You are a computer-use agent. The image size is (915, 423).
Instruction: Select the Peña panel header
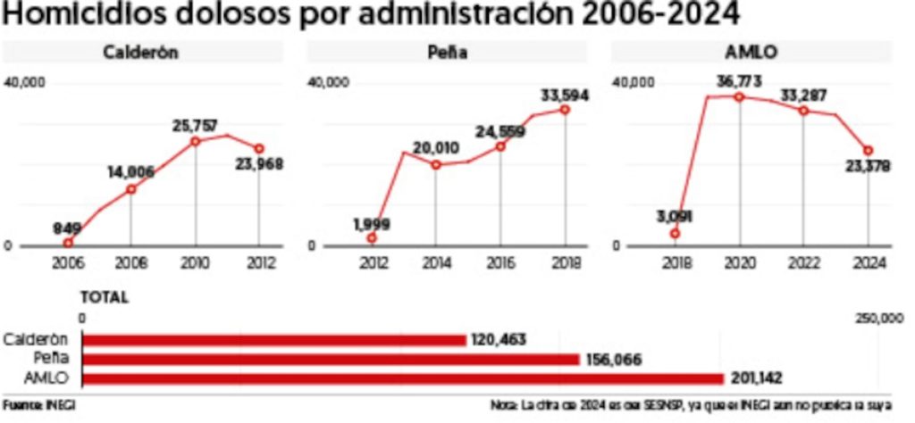[448, 52]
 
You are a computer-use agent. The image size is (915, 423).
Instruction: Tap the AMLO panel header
[753, 52]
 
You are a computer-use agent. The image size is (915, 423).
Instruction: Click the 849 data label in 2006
[66, 228]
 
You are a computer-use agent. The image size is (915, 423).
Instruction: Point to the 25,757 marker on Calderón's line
[195, 141]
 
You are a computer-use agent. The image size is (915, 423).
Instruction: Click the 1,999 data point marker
[372, 237]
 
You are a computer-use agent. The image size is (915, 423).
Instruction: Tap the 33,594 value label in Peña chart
[565, 94]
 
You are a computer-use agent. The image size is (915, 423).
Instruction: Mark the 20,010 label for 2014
[435, 148]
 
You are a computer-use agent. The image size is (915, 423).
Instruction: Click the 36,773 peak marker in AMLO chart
[739, 96]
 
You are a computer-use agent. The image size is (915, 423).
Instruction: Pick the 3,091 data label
[675, 216]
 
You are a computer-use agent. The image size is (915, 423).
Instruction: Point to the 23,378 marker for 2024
[868, 151]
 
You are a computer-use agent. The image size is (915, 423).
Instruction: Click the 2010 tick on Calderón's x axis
[195, 263]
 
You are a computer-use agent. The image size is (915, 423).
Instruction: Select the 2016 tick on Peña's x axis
[500, 263]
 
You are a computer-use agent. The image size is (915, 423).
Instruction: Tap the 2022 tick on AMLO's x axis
[803, 263]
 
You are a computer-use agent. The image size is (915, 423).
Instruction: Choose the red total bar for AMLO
[402, 378]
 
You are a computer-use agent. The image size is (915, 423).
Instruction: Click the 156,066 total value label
[615, 359]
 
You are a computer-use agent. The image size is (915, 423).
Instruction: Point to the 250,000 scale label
[880, 319]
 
